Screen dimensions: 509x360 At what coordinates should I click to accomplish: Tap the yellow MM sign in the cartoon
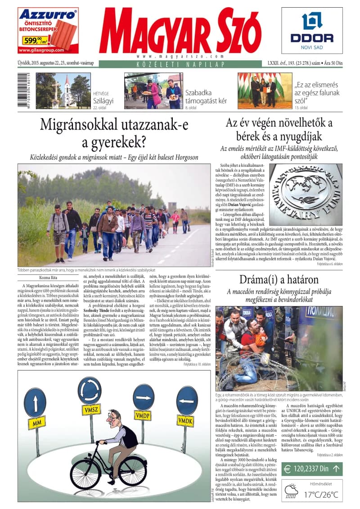click(36, 423)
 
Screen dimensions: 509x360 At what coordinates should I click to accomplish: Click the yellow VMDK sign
click(185, 421)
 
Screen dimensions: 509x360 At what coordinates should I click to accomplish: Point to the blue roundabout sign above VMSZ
click(89, 390)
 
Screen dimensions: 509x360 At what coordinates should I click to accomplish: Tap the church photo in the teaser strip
click(63, 91)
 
